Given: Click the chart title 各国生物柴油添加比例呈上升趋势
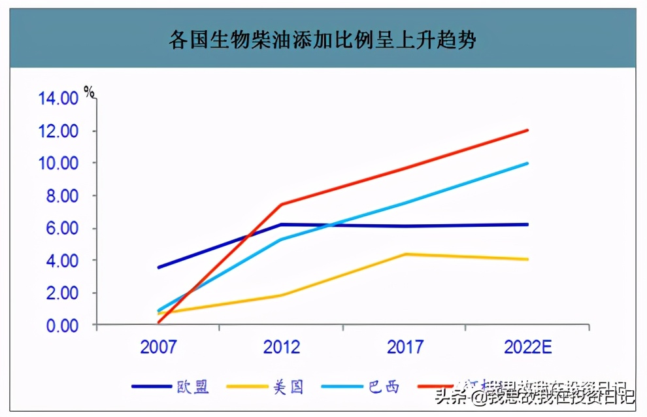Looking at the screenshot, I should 322,41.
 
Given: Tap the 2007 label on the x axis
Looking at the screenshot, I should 158,347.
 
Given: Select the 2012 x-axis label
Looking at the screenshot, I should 282,347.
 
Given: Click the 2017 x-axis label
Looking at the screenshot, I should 405,347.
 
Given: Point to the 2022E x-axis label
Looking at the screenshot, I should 528,347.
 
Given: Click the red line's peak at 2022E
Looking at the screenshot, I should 527,130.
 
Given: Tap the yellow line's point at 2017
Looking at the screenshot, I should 405,254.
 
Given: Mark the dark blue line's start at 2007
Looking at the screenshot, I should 158,267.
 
